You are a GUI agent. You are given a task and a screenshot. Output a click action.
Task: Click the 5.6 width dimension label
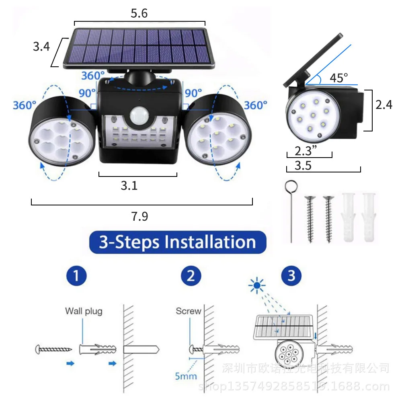tap(139, 13)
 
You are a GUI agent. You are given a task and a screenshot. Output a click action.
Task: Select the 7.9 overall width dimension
tap(139, 216)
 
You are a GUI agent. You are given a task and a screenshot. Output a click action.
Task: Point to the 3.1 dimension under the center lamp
tap(129, 185)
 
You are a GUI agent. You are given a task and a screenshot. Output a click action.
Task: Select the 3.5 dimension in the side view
tap(303, 165)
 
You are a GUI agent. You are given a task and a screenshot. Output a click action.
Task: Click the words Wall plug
tap(84, 311)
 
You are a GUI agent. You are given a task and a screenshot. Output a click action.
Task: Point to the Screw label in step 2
tap(188, 311)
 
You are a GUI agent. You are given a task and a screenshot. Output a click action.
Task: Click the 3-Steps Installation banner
tap(177, 242)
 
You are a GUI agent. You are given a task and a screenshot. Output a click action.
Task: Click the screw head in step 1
tap(39, 349)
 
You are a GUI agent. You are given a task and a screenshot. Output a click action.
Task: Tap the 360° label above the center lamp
tap(93, 75)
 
